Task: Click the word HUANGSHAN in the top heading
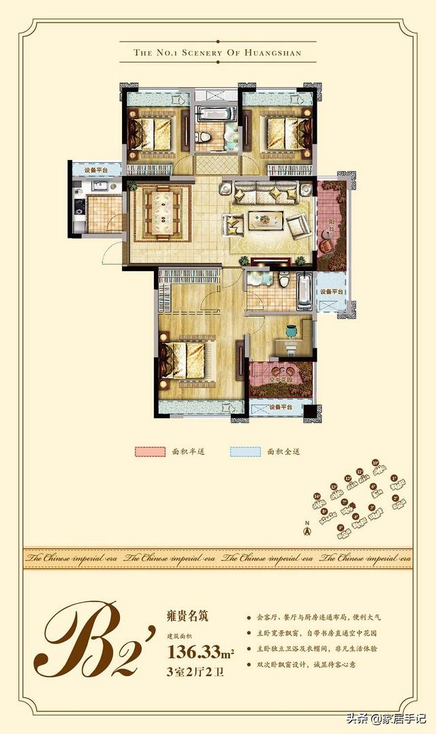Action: pos(270,52)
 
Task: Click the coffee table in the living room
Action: pos(266,219)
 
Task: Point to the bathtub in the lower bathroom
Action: pos(304,291)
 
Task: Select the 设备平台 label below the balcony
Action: pos(332,291)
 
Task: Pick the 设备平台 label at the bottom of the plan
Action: pos(280,407)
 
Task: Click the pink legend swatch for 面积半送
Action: pos(150,451)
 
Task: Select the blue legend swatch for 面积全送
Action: pos(246,451)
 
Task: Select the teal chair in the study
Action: pos(292,331)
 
